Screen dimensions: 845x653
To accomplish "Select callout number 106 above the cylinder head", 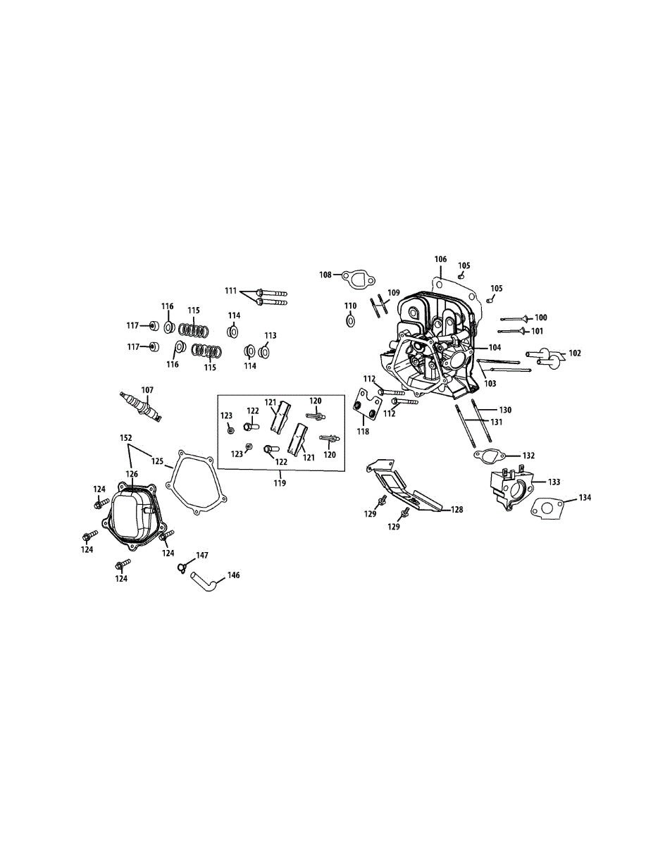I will [440, 260].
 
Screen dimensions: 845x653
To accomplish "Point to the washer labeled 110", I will [351, 322].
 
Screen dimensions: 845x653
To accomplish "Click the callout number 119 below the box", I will [280, 483].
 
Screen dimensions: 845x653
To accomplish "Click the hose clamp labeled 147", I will [183, 565].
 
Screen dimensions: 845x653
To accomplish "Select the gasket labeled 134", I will [548, 508].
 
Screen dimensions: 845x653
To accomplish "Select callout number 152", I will [126, 437].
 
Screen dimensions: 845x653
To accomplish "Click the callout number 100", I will [540, 318].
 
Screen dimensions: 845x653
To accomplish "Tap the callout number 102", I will [575, 353].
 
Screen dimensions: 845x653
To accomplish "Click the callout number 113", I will [270, 335].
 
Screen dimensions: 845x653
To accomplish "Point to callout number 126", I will [132, 474].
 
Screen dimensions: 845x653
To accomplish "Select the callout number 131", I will [497, 422].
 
